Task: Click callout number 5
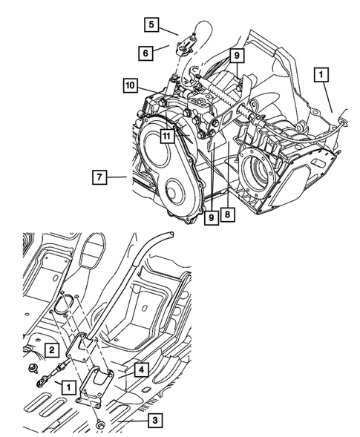(x=151, y=25)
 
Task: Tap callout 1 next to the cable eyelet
(x=68, y=386)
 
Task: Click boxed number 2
(x=50, y=349)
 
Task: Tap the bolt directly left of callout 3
(x=99, y=425)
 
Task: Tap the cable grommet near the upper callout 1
(x=342, y=116)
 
